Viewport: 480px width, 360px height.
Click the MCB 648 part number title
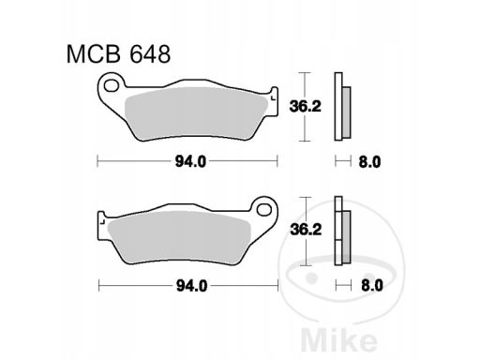[118, 54]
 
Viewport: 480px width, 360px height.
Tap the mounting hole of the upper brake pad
[111, 85]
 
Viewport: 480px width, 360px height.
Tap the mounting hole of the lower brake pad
[264, 209]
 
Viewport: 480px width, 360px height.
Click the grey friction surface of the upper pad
[196, 113]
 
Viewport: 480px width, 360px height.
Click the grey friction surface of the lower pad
[179, 237]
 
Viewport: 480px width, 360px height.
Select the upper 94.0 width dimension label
[190, 162]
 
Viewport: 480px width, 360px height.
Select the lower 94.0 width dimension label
[191, 286]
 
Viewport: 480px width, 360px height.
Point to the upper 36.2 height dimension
[306, 107]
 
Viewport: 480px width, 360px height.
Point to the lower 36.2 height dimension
[306, 231]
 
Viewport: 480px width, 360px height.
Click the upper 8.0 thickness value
[369, 162]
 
